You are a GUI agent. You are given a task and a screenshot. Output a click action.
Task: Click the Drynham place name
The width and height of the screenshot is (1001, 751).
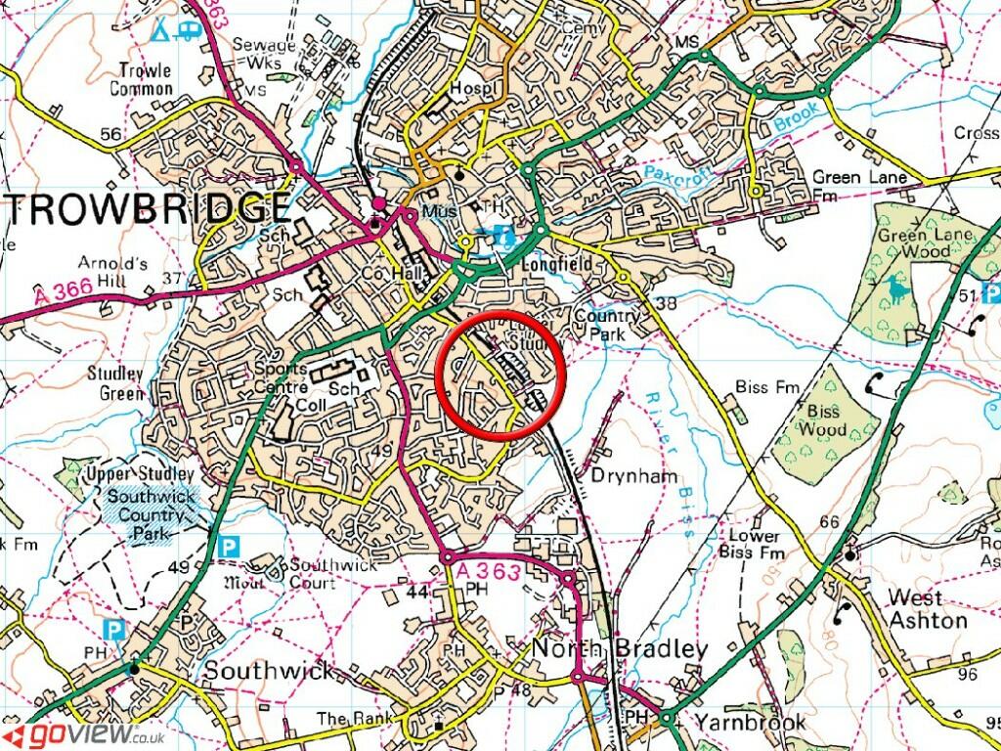coord(620,475)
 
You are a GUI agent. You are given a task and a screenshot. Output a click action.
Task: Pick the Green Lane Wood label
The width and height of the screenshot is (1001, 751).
coord(912,243)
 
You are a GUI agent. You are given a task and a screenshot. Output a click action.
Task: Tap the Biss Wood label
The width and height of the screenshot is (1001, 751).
coord(822,420)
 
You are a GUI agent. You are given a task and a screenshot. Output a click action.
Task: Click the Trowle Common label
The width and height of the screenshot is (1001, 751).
coord(145,79)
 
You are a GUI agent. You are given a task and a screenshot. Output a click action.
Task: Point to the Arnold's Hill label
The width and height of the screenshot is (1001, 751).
coord(114,272)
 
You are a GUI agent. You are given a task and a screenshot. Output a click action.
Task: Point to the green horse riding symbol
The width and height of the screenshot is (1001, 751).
coord(896,289)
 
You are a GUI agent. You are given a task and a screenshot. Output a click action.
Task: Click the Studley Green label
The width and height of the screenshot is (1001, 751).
coord(115,383)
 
